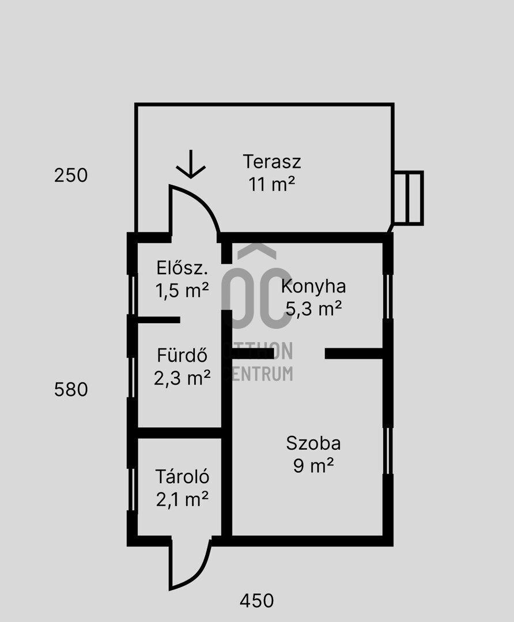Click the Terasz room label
pyautogui.click(x=272, y=161)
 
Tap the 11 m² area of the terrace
pyautogui.click(x=272, y=184)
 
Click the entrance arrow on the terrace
pyautogui.click(x=191, y=164)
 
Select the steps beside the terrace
pyautogui.click(x=408, y=198)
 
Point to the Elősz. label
pyautogui.click(x=182, y=268)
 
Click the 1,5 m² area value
pyautogui.click(x=182, y=290)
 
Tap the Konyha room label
pyautogui.click(x=313, y=286)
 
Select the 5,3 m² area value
pyautogui.click(x=313, y=308)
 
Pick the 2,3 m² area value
pyautogui.click(x=182, y=378)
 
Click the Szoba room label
pyautogui.click(x=313, y=443)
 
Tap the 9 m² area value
pyautogui.click(x=313, y=465)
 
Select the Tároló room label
pyautogui.click(x=182, y=476)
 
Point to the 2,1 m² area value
pyautogui.click(x=182, y=499)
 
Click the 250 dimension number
pyautogui.click(x=71, y=175)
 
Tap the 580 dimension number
pyautogui.click(x=71, y=389)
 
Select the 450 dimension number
pyautogui.click(x=257, y=601)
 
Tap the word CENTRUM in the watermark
pyautogui.click(x=259, y=373)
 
